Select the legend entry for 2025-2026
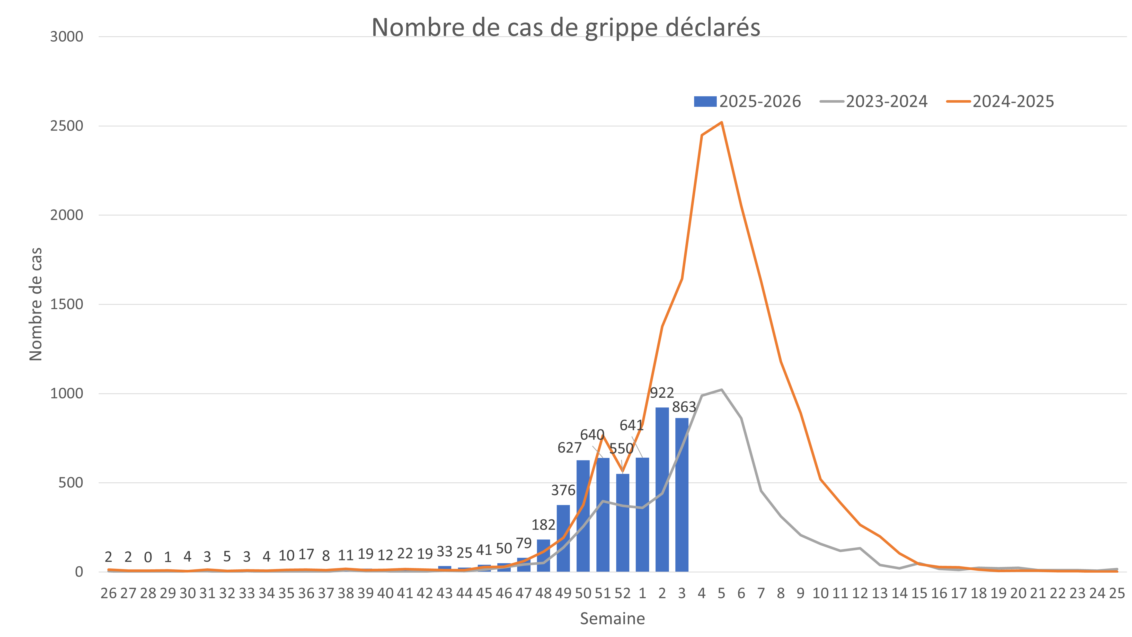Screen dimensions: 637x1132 pyautogui.click(x=747, y=102)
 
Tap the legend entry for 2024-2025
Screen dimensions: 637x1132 pyautogui.click(x=1000, y=102)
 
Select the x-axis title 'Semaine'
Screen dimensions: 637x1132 pyautogui.click(x=612, y=618)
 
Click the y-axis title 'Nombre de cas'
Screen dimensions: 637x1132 pyautogui.click(x=36, y=304)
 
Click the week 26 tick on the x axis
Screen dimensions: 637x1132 pyautogui.click(x=109, y=594)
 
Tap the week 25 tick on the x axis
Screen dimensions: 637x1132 pyautogui.click(x=1117, y=594)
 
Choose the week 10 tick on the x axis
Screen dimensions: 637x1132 pyautogui.click(x=820, y=594)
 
